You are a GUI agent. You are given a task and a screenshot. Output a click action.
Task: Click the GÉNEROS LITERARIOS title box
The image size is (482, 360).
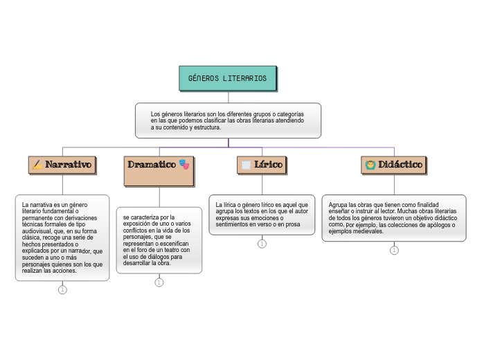click(x=228, y=78)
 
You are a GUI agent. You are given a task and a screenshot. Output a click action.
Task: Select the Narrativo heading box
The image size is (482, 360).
click(x=62, y=165)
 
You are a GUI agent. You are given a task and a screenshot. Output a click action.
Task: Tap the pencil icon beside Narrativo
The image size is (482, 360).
click(x=37, y=165)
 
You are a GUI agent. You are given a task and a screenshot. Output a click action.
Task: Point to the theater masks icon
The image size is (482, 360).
click(x=184, y=164)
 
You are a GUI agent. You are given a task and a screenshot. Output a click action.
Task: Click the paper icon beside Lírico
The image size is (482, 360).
click(x=245, y=164)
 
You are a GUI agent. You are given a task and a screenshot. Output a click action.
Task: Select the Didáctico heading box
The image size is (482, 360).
click(x=393, y=165)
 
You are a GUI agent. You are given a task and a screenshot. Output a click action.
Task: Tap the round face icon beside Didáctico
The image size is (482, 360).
click(x=371, y=165)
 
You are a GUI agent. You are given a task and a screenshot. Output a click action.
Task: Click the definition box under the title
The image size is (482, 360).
click(x=228, y=120)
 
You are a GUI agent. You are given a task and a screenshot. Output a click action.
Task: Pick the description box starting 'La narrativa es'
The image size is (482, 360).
click(x=62, y=237)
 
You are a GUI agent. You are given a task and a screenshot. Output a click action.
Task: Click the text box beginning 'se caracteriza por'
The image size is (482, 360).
click(x=159, y=240)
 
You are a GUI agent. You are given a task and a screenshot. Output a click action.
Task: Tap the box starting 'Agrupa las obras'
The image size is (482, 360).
click(x=393, y=217)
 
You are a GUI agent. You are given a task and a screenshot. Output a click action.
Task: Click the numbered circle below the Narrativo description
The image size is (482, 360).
click(x=62, y=290)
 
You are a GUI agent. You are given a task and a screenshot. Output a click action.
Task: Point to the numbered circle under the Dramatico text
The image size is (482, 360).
click(x=159, y=282)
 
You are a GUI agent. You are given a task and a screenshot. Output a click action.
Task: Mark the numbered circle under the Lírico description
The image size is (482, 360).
click(x=262, y=244)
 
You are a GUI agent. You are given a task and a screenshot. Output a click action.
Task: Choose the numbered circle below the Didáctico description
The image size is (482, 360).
click(x=393, y=251)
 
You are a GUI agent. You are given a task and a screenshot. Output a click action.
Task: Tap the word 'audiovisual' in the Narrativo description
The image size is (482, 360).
click(x=38, y=231)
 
